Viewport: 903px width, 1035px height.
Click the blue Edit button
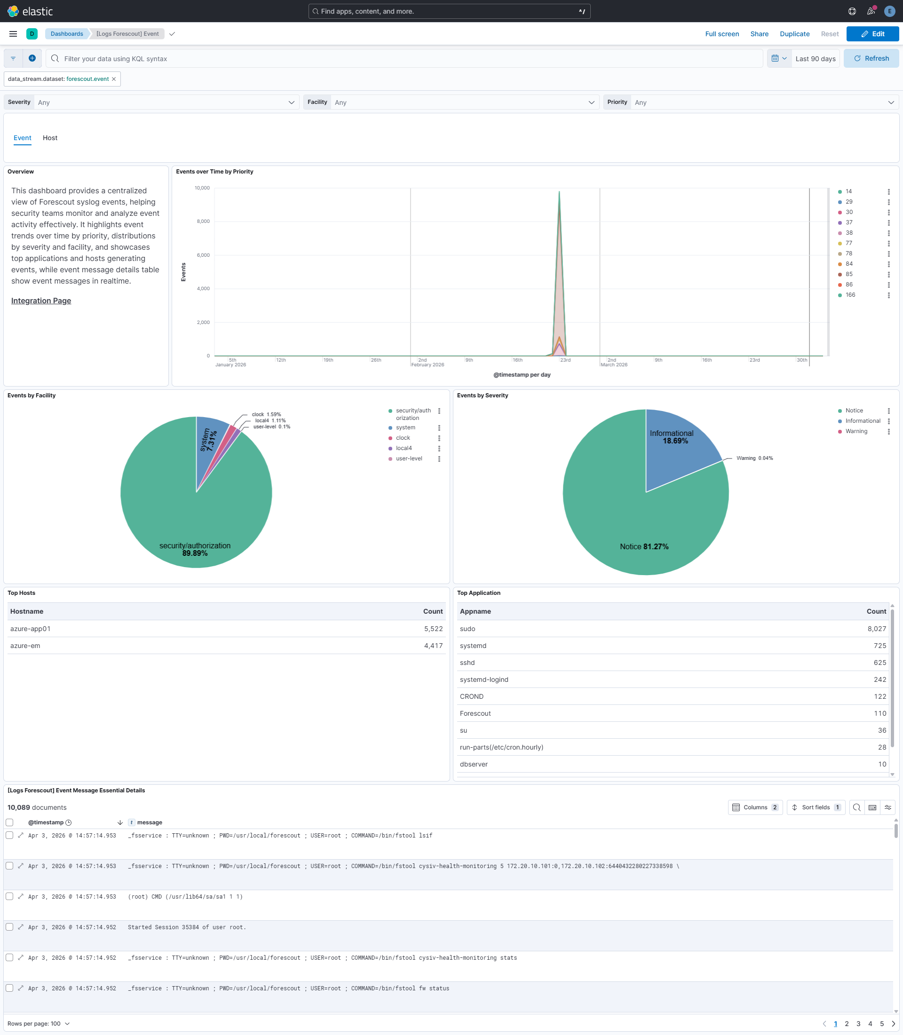tap(872, 34)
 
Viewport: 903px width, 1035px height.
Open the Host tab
tap(50, 138)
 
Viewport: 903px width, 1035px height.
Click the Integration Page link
tap(41, 301)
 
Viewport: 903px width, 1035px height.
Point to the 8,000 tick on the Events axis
tap(203, 221)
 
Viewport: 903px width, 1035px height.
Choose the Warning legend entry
tap(855, 431)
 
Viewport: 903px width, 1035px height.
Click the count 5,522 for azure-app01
tap(433, 629)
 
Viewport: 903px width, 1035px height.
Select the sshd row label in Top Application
tap(467, 663)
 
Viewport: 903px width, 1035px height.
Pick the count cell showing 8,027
tap(876, 629)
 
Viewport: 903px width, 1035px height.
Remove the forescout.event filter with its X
tap(114, 79)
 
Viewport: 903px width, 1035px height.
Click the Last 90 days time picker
tap(815, 58)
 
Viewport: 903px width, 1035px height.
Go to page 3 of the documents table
tap(858, 1023)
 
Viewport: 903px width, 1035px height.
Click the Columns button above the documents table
tap(755, 807)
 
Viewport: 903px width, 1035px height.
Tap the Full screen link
tap(721, 34)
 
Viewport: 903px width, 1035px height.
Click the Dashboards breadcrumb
tap(66, 34)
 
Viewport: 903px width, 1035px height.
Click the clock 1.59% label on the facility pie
tap(267, 414)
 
